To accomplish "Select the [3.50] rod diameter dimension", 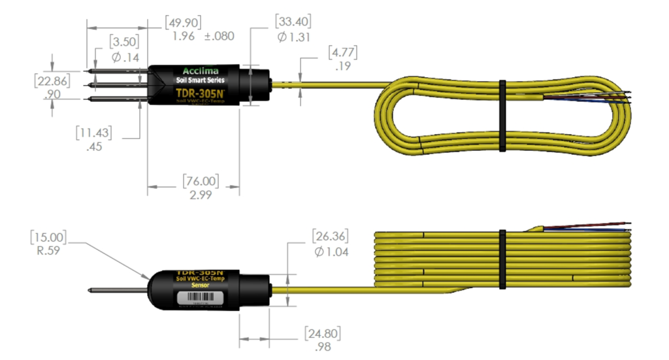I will (123, 43).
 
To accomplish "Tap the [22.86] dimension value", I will (53, 80).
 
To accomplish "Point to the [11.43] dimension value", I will (93, 133).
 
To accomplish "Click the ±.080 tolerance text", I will (219, 36).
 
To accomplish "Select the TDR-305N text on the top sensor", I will (201, 93).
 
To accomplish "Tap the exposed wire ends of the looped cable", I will (617, 97).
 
